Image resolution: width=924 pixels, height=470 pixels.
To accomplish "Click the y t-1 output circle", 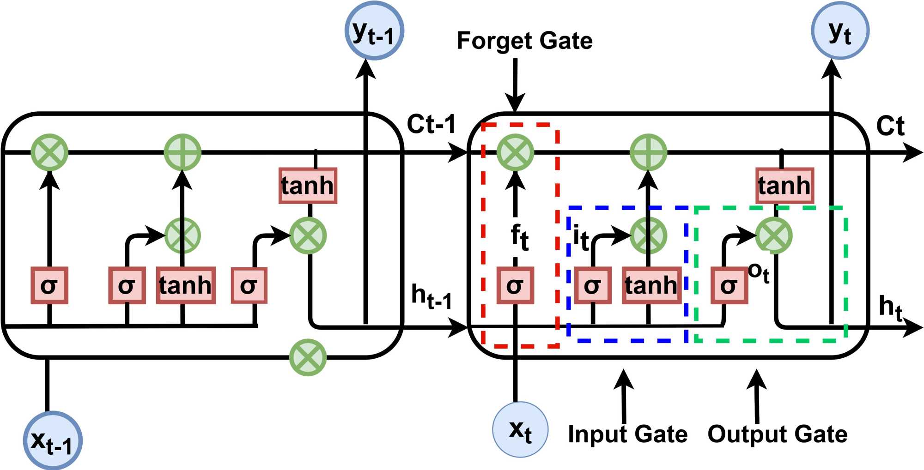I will (x=374, y=30).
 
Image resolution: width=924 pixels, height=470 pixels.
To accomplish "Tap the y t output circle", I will (x=840, y=30).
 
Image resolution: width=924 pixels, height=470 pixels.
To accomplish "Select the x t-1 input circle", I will (x=53, y=440).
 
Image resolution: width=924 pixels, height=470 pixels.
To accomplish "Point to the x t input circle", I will (x=520, y=429).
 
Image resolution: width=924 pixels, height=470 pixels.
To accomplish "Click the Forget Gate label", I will (x=524, y=41).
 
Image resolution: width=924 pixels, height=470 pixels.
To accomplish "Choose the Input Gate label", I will (x=627, y=434).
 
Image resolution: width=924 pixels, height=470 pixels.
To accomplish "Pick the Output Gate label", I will (x=778, y=434).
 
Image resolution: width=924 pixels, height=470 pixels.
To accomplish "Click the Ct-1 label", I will (x=431, y=124).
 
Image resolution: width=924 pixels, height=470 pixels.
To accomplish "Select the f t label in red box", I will (x=519, y=237).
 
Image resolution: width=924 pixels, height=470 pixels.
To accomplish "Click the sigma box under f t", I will (x=515, y=285).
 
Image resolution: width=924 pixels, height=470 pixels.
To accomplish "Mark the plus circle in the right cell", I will (x=648, y=152).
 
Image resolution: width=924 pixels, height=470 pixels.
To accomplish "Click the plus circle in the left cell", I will (x=182, y=152).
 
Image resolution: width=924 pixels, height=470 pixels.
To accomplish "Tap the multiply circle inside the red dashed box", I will (x=515, y=152).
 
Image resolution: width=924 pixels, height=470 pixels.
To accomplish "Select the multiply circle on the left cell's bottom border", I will (x=308, y=357).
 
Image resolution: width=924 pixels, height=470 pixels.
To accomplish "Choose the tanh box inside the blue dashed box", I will (x=651, y=285).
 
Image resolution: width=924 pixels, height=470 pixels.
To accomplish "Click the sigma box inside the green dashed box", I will (x=729, y=285).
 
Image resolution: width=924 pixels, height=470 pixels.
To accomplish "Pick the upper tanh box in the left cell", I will (x=308, y=186).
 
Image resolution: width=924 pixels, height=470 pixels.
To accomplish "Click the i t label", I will (x=580, y=238).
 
